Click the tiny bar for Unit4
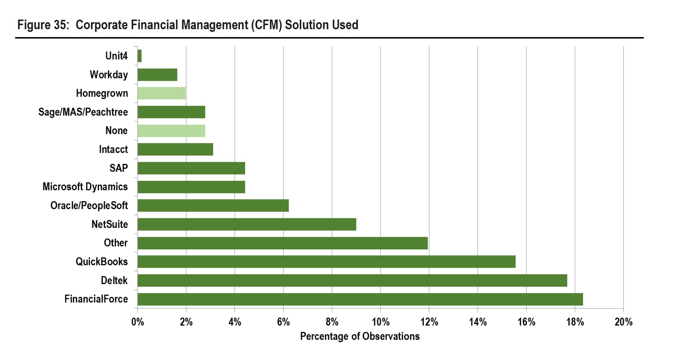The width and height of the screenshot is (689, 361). pyautogui.click(x=140, y=56)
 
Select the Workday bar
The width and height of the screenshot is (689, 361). pyautogui.click(x=157, y=75)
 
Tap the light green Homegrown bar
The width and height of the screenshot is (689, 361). pyautogui.click(x=161, y=93)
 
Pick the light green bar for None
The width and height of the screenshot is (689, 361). pyautogui.click(x=171, y=131)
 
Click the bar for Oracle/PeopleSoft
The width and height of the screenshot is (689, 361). pyautogui.click(x=213, y=206)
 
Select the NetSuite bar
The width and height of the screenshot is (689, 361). pyautogui.click(x=247, y=224)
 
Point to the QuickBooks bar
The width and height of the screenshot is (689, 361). pyautogui.click(x=326, y=262)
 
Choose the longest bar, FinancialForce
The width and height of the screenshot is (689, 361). pyautogui.click(x=360, y=299)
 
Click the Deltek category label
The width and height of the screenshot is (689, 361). pyautogui.click(x=114, y=280)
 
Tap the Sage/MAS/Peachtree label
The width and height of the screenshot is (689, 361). pyautogui.click(x=83, y=112)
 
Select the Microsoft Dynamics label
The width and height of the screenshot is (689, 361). pyautogui.click(x=85, y=187)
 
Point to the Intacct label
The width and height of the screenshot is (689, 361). pyautogui.click(x=113, y=149)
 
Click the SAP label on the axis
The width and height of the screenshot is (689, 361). pyautogui.click(x=119, y=168)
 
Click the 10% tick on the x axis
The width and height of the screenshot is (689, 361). pyautogui.click(x=380, y=322)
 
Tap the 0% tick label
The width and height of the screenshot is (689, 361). pyautogui.click(x=138, y=322)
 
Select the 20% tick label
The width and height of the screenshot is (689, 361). pyautogui.click(x=623, y=322)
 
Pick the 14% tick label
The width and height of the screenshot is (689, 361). pyautogui.click(x=478, y=322)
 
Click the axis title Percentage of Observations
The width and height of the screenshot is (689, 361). pyautogui.click(x=360, y=336)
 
